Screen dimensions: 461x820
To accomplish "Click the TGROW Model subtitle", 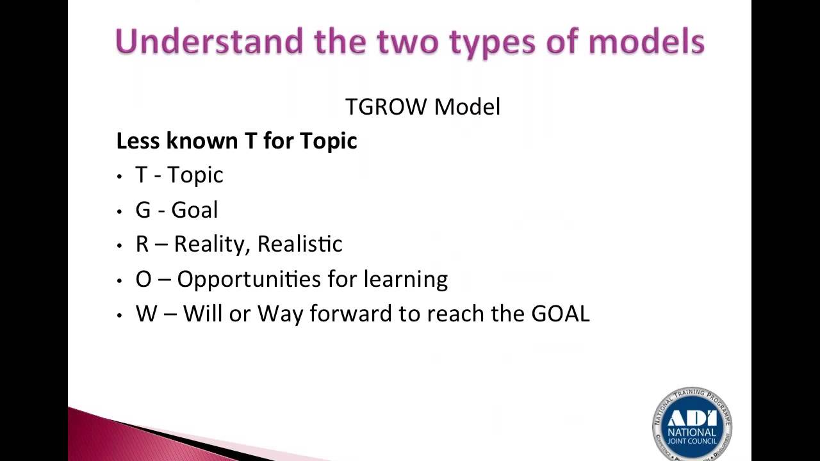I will [x=422, y=107].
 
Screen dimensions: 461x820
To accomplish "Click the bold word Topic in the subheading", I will [x=328, y=142].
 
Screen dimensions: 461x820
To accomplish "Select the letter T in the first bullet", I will [x=141, y=175].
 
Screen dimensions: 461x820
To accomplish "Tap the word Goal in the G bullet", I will [x=195, y=210].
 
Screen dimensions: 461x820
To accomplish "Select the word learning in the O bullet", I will [x=406, y=280].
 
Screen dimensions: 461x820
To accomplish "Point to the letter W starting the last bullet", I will [x=146, y=314].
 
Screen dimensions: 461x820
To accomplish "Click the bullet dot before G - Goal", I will [x=120, y=211].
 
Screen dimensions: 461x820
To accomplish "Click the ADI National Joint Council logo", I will [x=692, y=424].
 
